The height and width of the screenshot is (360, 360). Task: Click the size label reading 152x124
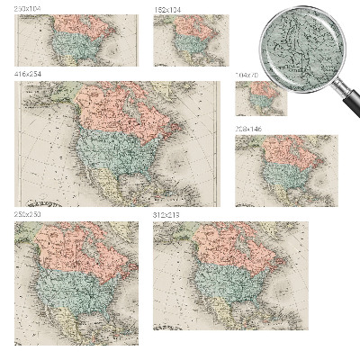point(167,9)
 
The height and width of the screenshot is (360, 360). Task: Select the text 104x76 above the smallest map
point(247,75)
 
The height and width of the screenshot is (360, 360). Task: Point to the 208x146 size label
point(249,130)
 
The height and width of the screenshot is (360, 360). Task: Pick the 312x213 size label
point(167,216)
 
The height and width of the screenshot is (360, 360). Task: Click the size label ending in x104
point(28,9)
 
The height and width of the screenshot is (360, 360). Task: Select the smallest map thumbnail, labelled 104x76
point(261,97)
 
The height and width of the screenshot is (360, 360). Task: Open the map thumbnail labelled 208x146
point(286,171)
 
